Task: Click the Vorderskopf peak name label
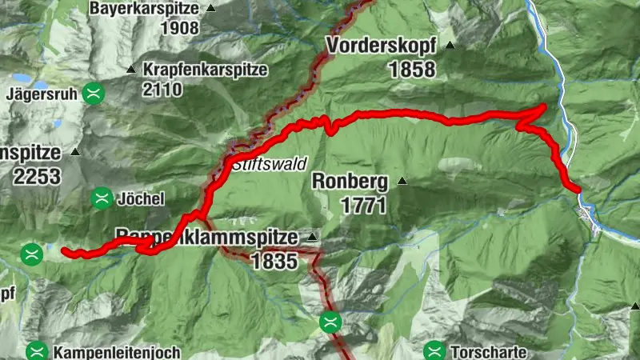pos(381,46)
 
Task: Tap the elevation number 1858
pos(412,70)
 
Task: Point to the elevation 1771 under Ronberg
pos(364,205)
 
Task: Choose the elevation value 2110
pos(162,89)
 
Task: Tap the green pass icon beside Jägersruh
pos(95,93)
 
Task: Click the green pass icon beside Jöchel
pos(102,198)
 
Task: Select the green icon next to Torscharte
pos(434,350)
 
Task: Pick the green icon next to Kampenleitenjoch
pos(35,350)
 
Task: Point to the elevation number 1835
pos(274,261)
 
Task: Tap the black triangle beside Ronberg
pos(402,181)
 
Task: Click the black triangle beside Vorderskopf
pos(450,46)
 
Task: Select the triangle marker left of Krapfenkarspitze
pos(131,70)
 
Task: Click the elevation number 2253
pos(36,175)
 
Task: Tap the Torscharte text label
pos(488,351)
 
